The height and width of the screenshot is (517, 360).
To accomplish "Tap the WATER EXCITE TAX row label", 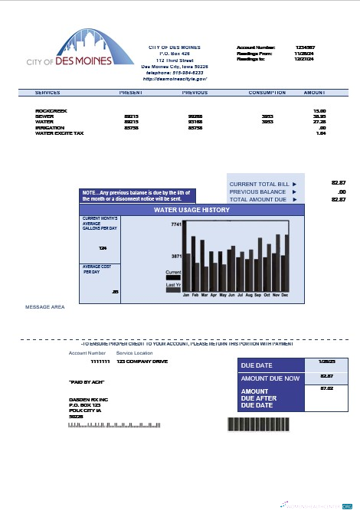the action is point(60,133).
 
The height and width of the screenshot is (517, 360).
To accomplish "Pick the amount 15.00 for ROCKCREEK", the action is point(320,110).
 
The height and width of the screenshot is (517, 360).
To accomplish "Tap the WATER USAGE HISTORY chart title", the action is point(191,209).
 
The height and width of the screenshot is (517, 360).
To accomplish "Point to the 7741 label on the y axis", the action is point(175,224).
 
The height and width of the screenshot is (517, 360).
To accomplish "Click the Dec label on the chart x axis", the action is point(285,294).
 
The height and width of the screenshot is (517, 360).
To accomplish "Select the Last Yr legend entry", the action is point(173,284).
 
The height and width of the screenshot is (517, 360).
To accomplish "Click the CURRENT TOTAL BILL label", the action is point(259,185).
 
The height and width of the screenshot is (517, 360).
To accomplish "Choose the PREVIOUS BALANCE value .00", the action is point(342,191).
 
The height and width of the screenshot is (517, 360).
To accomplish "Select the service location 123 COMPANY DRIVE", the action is point(142,361).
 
